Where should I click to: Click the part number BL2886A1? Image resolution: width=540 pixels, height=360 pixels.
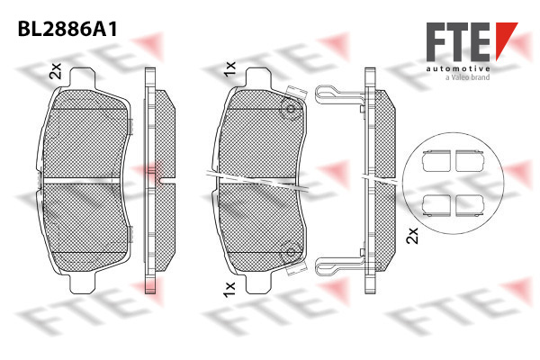pos(67,29)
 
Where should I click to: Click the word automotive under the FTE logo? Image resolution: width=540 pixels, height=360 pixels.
pos(458,69)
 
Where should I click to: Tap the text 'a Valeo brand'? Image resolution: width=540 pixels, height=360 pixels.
pos(467,77)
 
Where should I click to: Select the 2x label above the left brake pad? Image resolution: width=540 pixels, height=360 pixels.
pos(55,70)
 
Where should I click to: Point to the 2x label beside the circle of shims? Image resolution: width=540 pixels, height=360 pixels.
pos(412,235)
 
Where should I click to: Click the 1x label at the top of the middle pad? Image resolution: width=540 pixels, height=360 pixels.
pos(229,69)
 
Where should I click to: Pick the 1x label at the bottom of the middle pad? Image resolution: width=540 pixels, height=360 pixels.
pos(229,290)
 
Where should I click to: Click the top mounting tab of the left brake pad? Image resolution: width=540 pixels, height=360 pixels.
pos(82,78)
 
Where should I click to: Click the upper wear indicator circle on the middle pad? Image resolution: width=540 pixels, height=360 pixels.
pos(291,110)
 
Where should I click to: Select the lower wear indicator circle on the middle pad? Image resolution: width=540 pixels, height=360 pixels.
pos(291,252)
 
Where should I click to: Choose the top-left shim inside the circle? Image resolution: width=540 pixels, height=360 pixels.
pos(436,161)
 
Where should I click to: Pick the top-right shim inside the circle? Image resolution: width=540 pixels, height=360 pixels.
pos(470,161)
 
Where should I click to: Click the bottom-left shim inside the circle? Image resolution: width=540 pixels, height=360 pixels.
pos(436,206)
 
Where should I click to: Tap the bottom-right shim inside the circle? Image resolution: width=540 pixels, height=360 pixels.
pos(470,206)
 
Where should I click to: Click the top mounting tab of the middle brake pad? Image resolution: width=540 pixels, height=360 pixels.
pos(258,78)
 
